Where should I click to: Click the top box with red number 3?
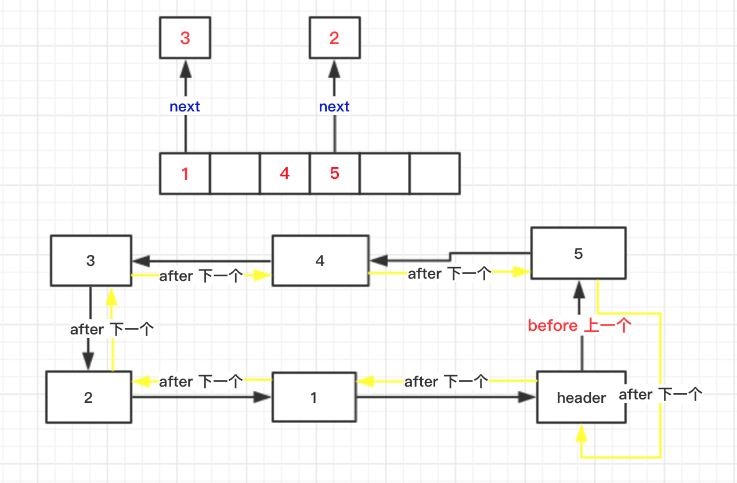(185, 38)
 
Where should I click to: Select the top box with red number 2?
(334, 38)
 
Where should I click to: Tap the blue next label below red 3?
(185, 107)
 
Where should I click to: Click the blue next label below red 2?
(334, 107)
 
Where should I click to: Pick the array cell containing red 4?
(284, 173)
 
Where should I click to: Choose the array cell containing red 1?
(185, 173)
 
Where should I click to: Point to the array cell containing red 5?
(334, 173)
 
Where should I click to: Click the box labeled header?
(581, 398)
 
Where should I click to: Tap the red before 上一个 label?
(579, 326)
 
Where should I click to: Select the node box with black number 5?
(578, 254)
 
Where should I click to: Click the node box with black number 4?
(320, 261)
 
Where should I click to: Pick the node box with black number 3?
(91, 261)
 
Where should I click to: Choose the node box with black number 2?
(88, 398)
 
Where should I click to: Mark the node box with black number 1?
(313, 398)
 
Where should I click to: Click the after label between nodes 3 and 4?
(200, 276)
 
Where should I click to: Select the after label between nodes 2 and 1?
(200, 381)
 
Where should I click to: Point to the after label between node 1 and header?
(446, 381)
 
